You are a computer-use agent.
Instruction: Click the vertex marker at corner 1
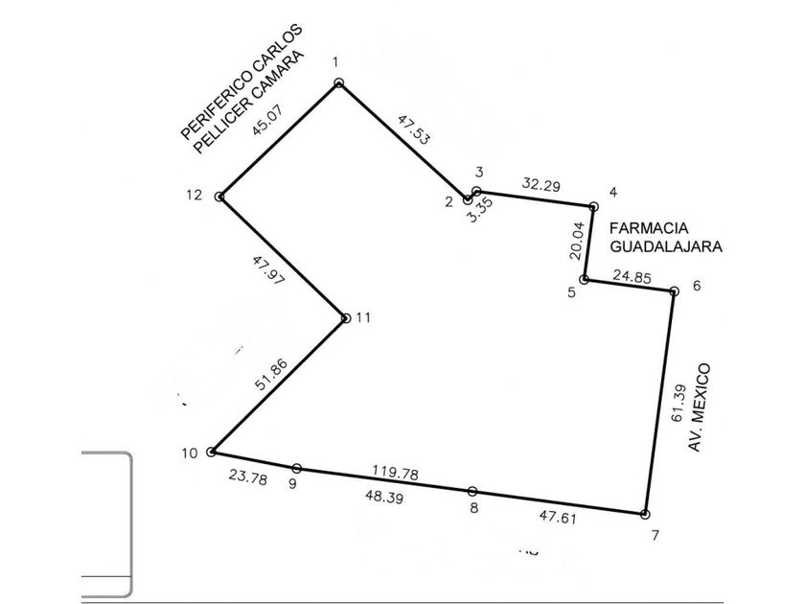338,83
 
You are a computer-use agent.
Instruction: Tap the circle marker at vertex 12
220,197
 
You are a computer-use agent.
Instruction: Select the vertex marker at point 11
346,317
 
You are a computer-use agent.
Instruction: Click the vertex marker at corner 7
645,514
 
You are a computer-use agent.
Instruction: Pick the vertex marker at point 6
673,291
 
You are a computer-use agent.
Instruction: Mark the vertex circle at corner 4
593,206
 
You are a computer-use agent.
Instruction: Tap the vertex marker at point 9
297,468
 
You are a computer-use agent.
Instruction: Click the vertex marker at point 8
472,491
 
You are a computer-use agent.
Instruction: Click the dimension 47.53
413,128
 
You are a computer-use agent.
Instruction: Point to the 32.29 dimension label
540,183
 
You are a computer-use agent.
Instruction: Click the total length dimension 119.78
395,473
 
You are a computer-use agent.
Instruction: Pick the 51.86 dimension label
271,372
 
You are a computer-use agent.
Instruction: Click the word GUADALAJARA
666,245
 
